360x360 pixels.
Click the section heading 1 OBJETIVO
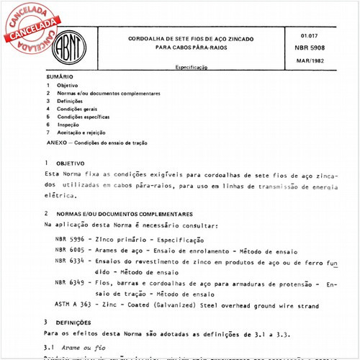(x=66, y=163)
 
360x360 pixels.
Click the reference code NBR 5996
(x=70, y=238)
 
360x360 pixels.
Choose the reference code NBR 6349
(x=70, y=283)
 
